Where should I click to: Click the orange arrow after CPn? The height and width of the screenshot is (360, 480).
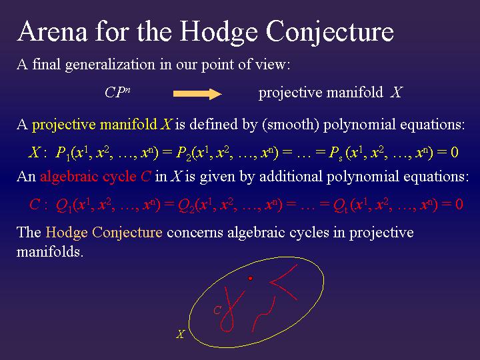click(197, 93)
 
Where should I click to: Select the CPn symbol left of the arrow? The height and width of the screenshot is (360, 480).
click(117, 93)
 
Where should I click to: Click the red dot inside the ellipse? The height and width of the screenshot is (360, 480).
click(251, 277)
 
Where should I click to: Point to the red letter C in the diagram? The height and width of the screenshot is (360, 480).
click(217, 310)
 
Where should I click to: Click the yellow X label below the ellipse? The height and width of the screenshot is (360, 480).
click(180, 334)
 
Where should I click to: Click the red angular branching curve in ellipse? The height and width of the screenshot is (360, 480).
click(283, 283)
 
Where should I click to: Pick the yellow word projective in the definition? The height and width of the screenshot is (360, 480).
click(63, 125)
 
